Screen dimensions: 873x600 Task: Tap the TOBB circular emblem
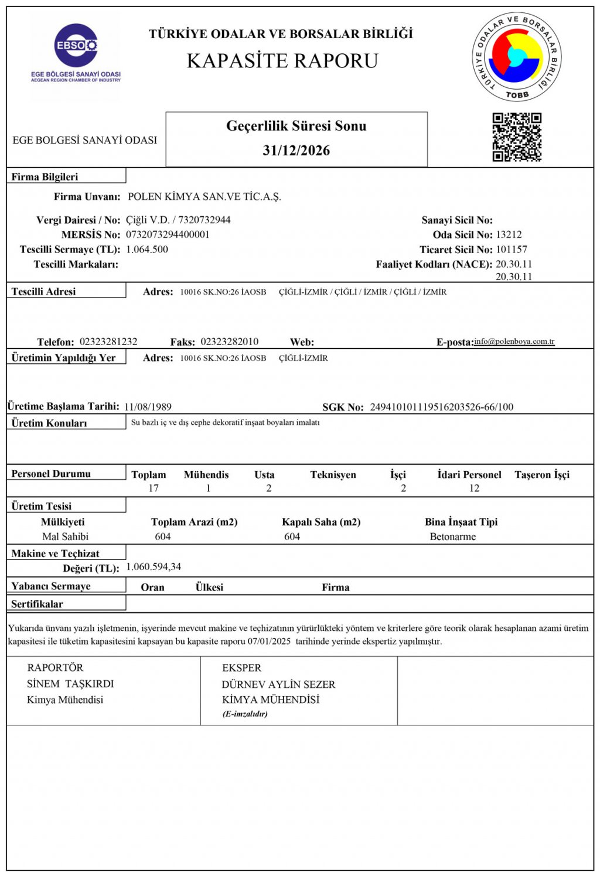tap(516, 56)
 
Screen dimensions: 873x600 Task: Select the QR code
tap(516, 137)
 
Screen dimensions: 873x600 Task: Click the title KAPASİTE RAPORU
tap(282, 61)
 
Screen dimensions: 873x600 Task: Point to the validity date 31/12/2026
tap(296, 151)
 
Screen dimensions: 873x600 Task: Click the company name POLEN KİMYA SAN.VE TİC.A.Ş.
tap(204, 197)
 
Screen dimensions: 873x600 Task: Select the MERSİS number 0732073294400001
tap(168, 234)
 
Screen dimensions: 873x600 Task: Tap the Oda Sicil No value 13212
tap(509, 234)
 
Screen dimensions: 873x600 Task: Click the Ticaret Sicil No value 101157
tap(512, 249)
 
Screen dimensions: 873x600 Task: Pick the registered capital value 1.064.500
tap(147, 249)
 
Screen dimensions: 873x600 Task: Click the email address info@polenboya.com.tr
tap(514, 341)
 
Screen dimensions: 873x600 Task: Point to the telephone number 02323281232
tap(108, 342)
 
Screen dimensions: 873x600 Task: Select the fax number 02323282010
tap(229, 342)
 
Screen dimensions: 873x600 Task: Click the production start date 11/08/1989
tap(148, 407)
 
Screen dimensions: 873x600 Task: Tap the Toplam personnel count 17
tap(154, 488)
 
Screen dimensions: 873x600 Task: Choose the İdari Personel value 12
tap(474, 488)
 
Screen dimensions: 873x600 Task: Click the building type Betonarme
tap(452, 537)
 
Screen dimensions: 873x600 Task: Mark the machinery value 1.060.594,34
tap(154, 567)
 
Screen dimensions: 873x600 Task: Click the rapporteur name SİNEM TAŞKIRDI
tap(70, 684)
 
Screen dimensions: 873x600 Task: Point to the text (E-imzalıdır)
tap(245, 714)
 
